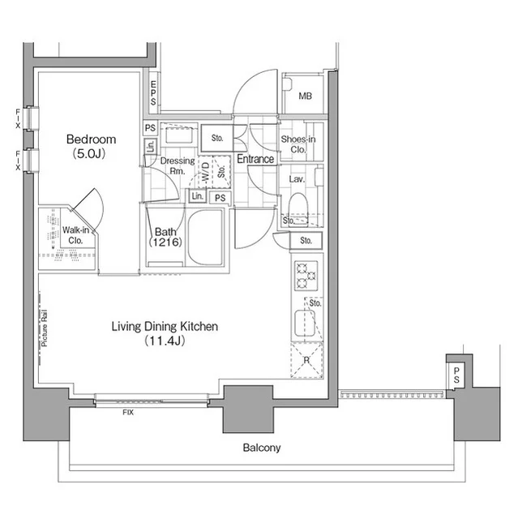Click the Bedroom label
click(x=91, y=139)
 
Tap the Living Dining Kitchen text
click(x=165, y=326)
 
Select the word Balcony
click(x=262, y=448)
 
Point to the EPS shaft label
click(x=153, y=93)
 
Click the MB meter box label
click(x=305, y=96)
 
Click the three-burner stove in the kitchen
click(x=306, y=276)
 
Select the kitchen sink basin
click(x=305, y=323)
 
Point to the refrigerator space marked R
click(x=307, y=360)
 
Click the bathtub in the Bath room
click(x=205, y=238)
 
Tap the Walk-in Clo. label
click(x=75, y=235)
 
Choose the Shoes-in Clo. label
click(x=298, y=144)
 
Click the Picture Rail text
click(x=45, y=328)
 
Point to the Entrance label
click(x=255, y=159)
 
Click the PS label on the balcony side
click(x=456, y=375)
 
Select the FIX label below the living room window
click(x=128, y=413)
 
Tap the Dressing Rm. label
click(x=178, y=165)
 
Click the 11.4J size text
click(x=165, y=341)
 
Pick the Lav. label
click(x=297, y=179)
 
